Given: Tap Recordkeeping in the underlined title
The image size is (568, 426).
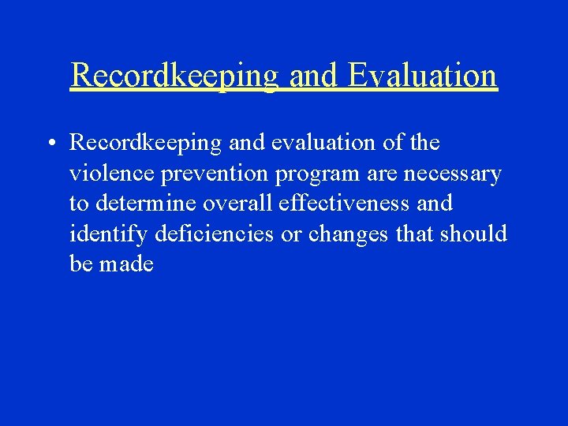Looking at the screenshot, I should [x=174, y=76].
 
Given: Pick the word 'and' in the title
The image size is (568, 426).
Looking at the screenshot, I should [x=313, y=76].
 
